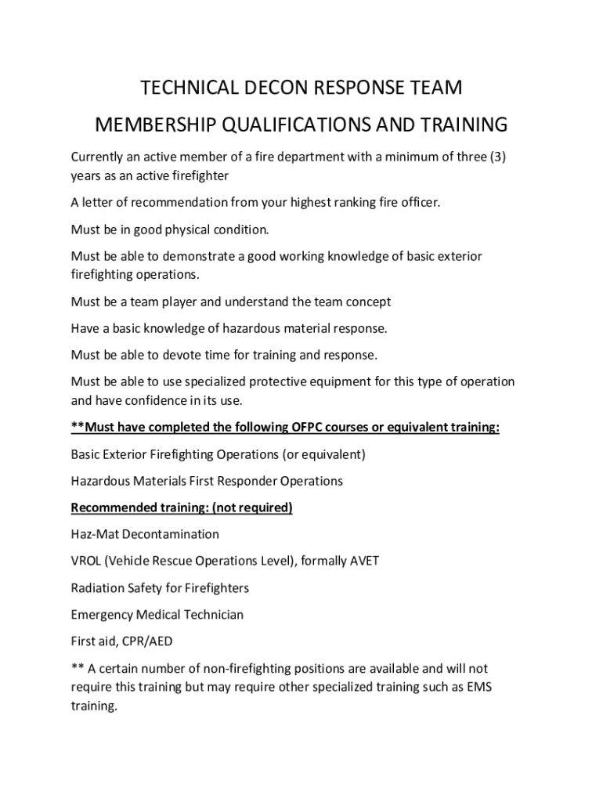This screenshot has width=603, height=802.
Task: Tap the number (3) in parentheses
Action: tap(497, 157)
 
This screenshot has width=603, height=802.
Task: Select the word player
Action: tap(179, 302)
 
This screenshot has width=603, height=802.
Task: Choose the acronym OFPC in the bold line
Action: tap(290, 428)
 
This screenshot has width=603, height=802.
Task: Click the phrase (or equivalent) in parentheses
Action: tap(317, 454)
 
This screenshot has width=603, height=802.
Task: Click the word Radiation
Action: tap(97, 588)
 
